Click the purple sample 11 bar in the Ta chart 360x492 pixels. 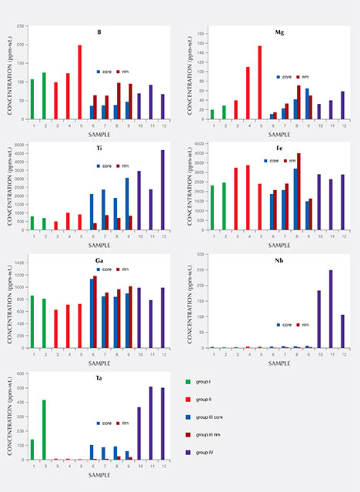(151, 423)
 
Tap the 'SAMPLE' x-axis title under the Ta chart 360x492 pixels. (98, 474)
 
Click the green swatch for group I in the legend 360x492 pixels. (188, 382)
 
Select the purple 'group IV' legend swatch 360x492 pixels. (188, 453)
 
